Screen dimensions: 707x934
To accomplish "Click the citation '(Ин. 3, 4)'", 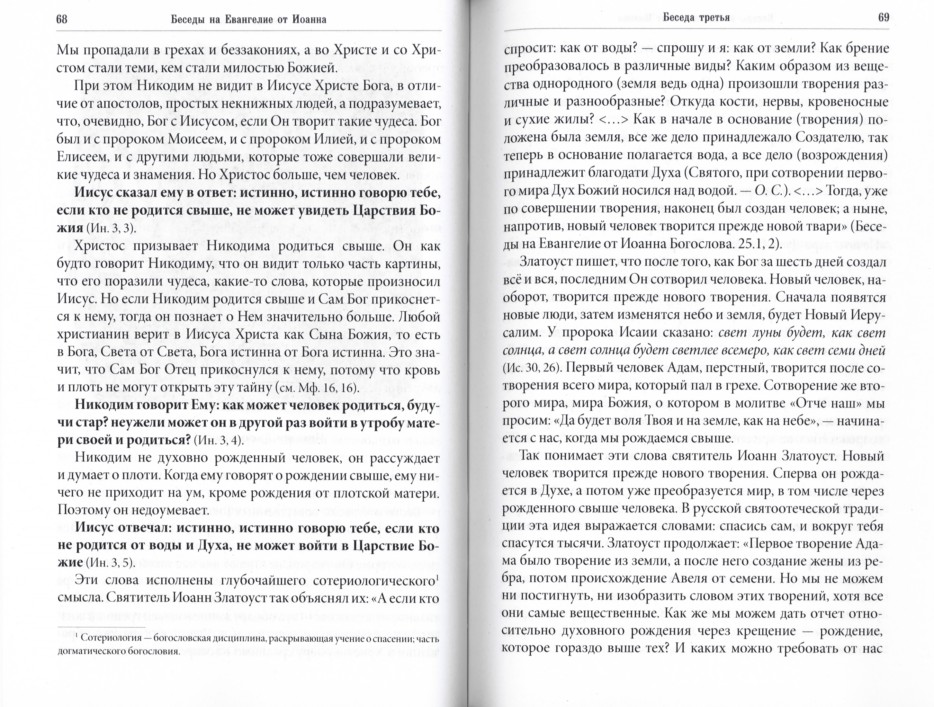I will tap(219, 441).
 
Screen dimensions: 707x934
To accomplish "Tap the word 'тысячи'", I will tap(579, 544).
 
